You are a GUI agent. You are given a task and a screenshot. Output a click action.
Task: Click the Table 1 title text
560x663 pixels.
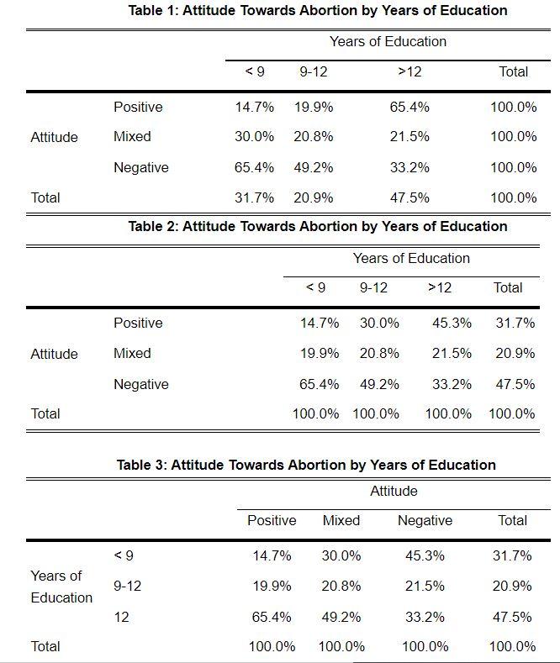pyautogui.click(x=317, y=11)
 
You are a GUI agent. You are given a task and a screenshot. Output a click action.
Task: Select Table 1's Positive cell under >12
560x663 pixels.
pyautogui.click(x=409, y=107)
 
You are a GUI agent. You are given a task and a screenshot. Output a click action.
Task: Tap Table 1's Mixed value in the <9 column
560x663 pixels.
pyautogui.click(x=254, y=136)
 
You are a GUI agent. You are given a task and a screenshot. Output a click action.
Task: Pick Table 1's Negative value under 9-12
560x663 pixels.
pyautogui.click(x=313, y=167)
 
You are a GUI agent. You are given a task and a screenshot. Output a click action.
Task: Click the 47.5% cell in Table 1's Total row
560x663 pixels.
pyautogui.click(x=409, y=197)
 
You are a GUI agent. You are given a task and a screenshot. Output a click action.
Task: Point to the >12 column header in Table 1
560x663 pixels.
pyautogui.click(x=409, y=71)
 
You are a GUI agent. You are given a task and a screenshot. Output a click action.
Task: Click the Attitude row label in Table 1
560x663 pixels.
pyautogui.click(x=54, y=137)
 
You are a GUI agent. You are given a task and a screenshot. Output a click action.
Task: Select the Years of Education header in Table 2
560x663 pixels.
pyautogui.click(x=411, y=258)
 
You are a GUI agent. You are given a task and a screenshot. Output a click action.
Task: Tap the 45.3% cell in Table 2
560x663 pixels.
pyautogui.click(x=452, y=323)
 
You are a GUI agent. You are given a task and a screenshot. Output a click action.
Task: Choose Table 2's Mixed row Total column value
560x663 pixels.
pyautogui.click(x=515, y=353)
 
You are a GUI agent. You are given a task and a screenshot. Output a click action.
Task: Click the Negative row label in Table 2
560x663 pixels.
pyautogui.click(x=140, y=384)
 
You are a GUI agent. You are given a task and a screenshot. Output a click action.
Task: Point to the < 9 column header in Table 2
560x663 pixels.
pyautogui.click(x=315, y=287)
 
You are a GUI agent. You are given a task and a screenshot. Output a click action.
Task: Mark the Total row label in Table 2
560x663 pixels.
pyautogui.click(x=45, y=413)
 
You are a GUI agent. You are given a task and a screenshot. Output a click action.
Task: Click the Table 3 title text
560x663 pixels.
pyautogui.click(x=306, y=465)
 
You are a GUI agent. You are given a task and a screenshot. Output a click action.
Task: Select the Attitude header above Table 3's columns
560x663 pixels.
pyautogui.click(x=394, y=491)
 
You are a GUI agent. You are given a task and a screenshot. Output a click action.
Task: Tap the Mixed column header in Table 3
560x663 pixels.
pyautogui.click(x=341, y=520)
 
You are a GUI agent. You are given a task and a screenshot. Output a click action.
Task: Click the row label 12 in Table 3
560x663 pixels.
pyautogui.click(x=121, y=617)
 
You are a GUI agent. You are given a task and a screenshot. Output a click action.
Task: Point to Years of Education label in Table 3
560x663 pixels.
pyautogui.click(x=61, y=587)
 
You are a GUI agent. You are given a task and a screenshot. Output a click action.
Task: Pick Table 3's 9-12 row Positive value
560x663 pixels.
pyautogui.click(x=272, y=586)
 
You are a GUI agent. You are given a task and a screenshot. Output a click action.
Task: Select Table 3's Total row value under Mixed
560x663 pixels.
pyautogui.click(x=341, y=646)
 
